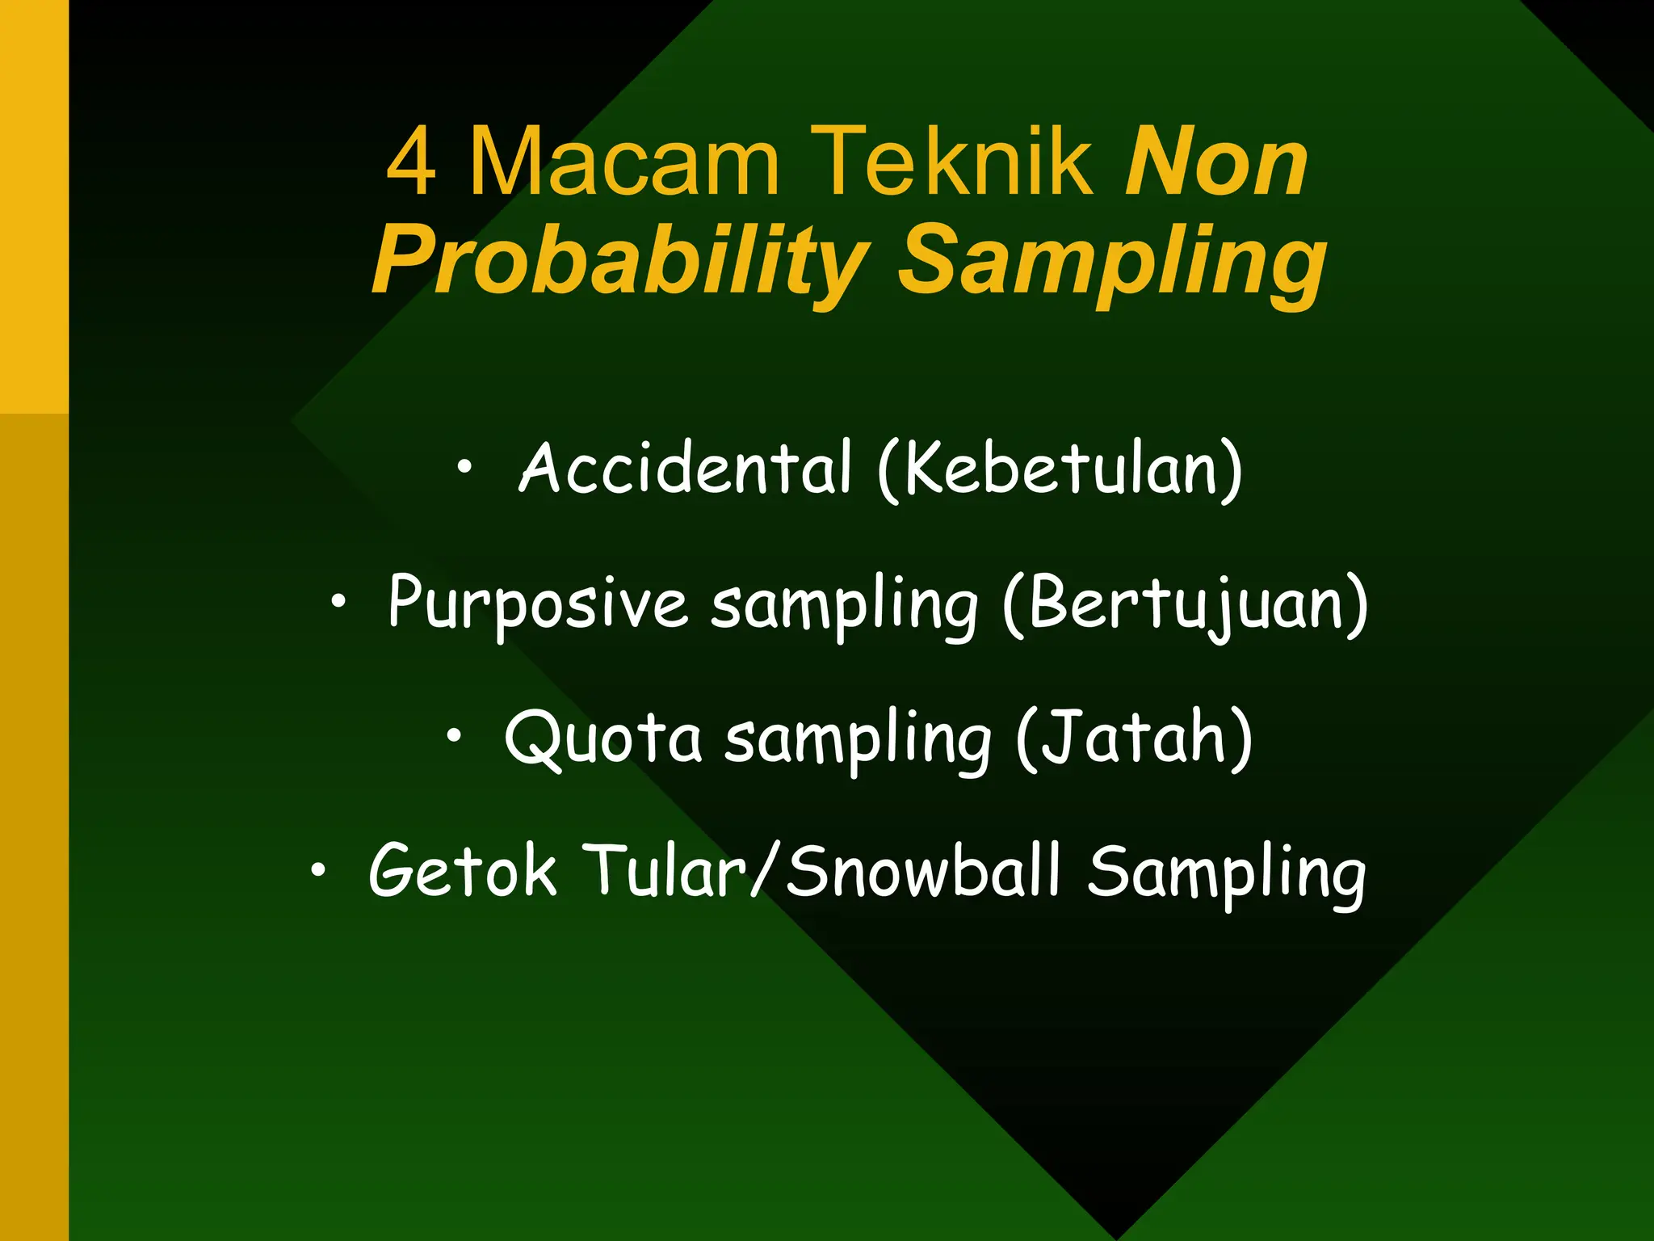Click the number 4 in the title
pos(412,162)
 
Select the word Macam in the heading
pos(624,162)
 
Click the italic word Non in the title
pos(1215,162)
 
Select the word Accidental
pos(685,469)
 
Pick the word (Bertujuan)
pos(1186,604)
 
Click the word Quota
pos(602,738)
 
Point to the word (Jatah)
pos(1134,738)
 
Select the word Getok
pos(462,871)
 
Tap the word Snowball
pos(922,871)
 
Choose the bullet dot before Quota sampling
pos(455,734)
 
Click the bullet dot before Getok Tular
pos(318,869)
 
